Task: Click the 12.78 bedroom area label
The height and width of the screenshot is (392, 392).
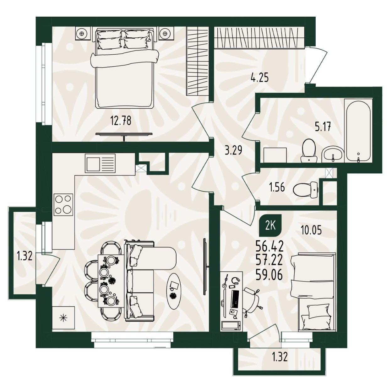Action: [121, 121]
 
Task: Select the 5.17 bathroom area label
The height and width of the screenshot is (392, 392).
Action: [323, 127]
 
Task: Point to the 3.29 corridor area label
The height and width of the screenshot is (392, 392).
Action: [233, 150]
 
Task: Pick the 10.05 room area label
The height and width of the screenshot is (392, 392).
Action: [311, 230]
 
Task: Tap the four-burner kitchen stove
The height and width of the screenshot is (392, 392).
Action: [63, 204]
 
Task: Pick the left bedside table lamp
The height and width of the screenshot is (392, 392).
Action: [82, 33]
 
